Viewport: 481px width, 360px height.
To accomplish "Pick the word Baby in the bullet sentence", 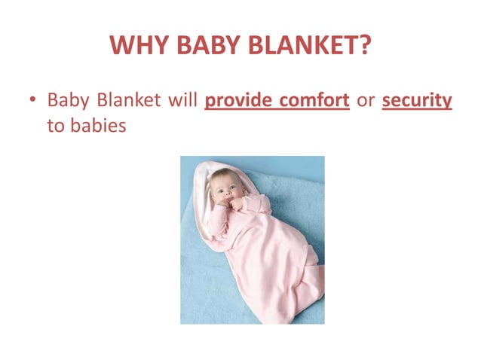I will coord(67,100).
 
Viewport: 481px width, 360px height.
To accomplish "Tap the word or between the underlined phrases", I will coord(366,101).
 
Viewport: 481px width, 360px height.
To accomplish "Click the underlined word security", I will coord(417,101).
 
